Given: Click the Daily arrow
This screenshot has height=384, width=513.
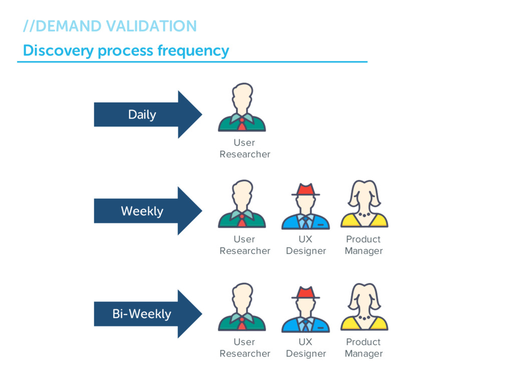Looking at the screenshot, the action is point(148,114).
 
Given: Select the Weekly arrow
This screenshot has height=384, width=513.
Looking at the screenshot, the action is point(148,211).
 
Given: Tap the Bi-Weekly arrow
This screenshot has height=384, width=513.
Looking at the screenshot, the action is point(148,314).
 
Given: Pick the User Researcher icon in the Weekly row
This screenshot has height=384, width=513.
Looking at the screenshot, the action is point(242,204).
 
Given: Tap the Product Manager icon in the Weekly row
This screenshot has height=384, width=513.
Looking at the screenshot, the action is point(364,204).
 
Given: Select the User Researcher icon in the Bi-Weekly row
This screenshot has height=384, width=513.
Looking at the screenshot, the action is point(242,307).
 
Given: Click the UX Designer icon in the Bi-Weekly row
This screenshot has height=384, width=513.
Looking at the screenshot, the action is point(306,309).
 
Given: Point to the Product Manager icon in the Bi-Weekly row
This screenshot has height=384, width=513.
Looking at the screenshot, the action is point(364,307).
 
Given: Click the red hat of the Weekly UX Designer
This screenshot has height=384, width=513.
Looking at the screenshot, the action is point(306,189).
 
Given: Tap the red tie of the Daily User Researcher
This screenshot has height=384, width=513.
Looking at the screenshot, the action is point(242,124).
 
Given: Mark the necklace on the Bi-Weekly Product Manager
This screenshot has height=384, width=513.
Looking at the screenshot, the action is point(364,317).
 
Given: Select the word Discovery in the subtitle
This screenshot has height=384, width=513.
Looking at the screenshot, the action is point(59,51).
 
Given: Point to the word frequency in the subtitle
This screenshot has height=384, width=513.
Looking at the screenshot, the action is point(193,51).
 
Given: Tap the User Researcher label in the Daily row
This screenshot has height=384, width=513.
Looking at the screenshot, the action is point(244,148).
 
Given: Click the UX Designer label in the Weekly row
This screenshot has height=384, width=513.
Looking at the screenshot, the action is point(306,245).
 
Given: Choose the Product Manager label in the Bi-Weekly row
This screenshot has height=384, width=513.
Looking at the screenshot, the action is point(364,348).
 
